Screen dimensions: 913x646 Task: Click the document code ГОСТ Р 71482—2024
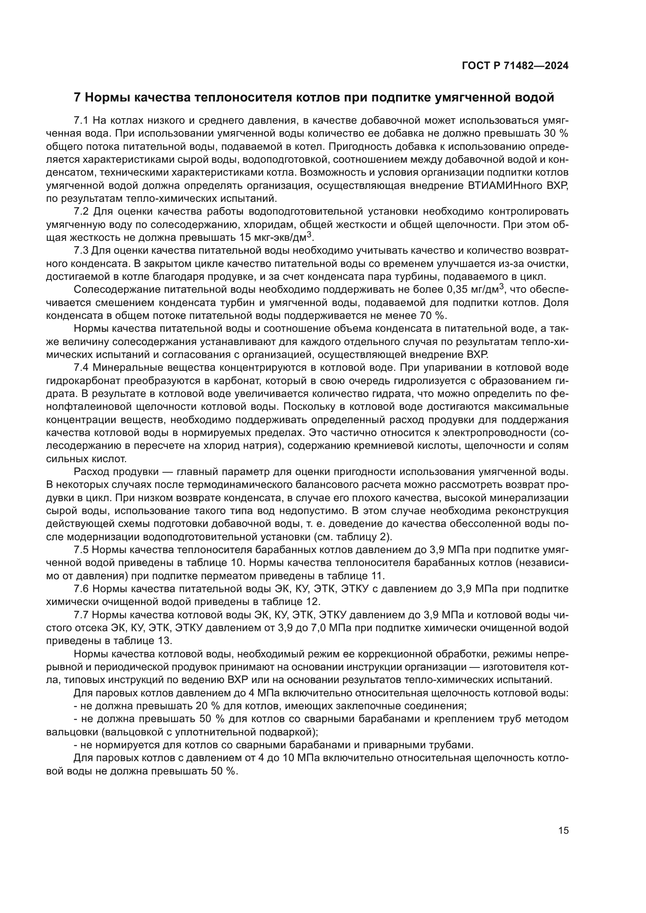click(515, 66)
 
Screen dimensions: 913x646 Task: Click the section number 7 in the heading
click(78, 98)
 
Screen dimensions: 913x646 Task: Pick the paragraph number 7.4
click(82, 367)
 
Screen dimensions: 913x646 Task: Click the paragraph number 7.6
click(82, 589)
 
